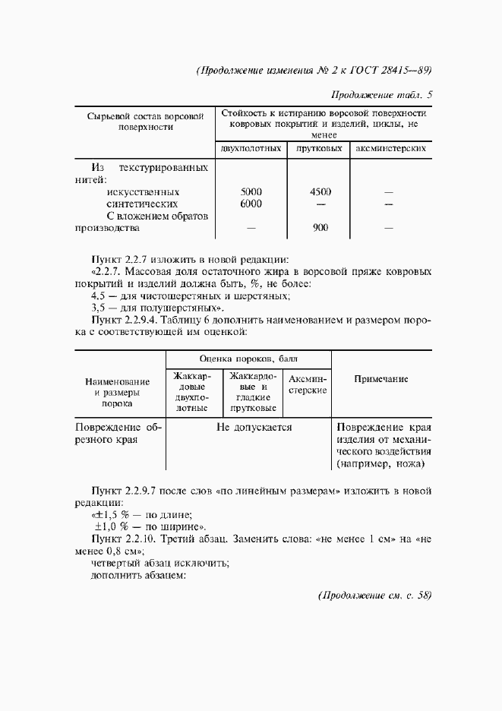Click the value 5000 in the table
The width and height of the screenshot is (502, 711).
(x=251, y=192)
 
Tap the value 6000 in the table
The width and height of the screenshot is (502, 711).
(x=251, y=204)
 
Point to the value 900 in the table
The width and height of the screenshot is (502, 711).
(x=320, y=227)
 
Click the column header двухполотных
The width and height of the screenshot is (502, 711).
(x=251, y=149)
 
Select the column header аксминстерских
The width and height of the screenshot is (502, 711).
(x=390, y=149)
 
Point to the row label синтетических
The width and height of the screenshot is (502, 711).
(x=142, y=204)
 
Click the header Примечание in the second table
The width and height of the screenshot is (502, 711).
(x=381, y=378)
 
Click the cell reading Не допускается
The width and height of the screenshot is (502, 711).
(x=254, y=428)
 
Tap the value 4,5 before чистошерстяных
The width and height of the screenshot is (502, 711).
(x=98, y=295)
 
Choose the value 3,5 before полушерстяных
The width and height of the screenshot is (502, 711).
(x=98, y=308)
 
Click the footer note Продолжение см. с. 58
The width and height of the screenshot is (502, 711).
(x=374, y=596)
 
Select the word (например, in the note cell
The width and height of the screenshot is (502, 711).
(x=360, y=464)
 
